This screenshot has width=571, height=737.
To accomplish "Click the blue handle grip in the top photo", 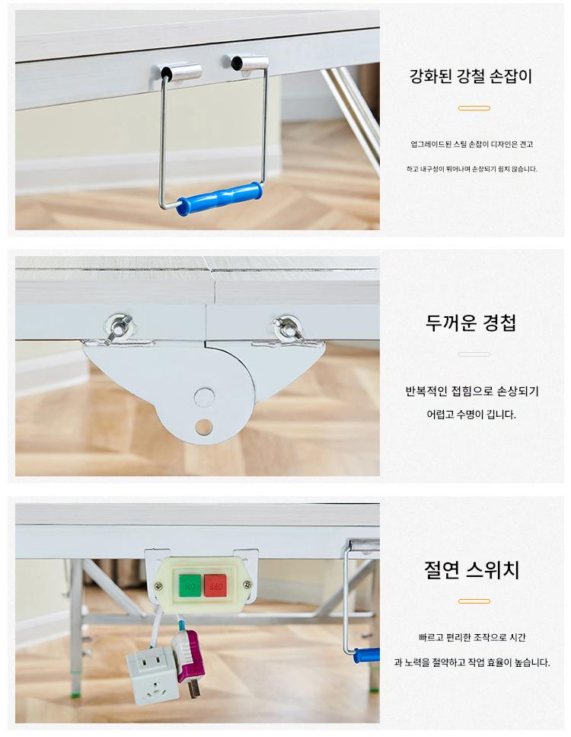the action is click(x=219, y=198).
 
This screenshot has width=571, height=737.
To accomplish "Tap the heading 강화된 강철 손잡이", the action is click(x=471, y=75).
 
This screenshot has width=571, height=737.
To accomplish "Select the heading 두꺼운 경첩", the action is click(x=471, y=322).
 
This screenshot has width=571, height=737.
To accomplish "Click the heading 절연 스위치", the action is click(x=471, y=569).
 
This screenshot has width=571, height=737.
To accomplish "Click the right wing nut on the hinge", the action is click(x=287, y=327).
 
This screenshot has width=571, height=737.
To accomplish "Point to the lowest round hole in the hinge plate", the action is click(x=204, y=427).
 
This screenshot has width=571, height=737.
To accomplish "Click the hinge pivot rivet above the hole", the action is click(x=204, y=397).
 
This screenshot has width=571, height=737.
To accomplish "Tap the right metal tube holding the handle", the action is click(x=250, y=63).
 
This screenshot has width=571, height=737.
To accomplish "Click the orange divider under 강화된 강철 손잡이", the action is click(x=474, y=108).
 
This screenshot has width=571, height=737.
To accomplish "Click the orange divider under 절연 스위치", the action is click(x=474, y=601).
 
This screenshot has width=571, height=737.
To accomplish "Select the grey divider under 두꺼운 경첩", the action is click(x=474, y=354).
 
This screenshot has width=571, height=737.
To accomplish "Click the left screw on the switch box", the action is click(x=158, y=586).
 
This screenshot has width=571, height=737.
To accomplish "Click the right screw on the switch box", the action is click(x=247, y=585).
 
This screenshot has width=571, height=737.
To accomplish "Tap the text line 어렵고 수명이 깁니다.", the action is click(x=471, y=415).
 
